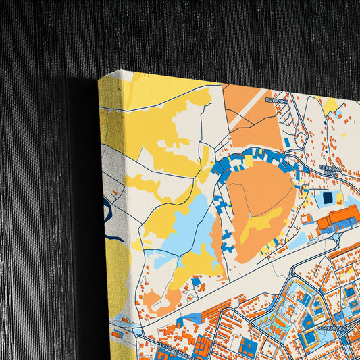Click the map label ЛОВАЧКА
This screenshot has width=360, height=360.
pos(276,100)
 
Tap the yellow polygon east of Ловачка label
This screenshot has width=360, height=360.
pos(331,105)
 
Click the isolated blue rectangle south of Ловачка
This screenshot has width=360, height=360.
pos(287,143)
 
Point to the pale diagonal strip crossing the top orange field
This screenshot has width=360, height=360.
pos(247,108)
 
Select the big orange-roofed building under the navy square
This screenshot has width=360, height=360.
pos(338,220)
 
